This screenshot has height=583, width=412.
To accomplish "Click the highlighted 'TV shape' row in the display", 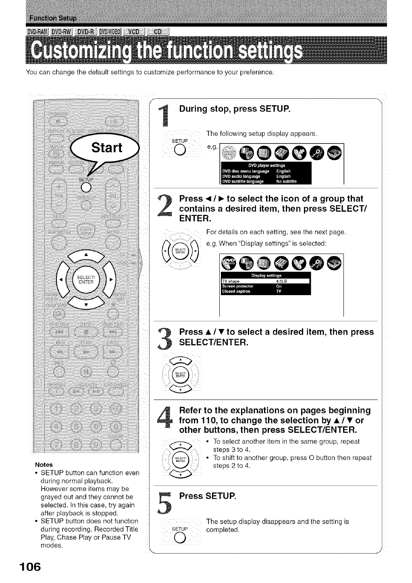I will click(265, 281).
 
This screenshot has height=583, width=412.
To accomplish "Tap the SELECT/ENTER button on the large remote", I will click(85, 279).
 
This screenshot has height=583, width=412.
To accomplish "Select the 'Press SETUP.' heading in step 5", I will click(207, 496).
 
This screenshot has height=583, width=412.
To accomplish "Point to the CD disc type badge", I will click(158, 33).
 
